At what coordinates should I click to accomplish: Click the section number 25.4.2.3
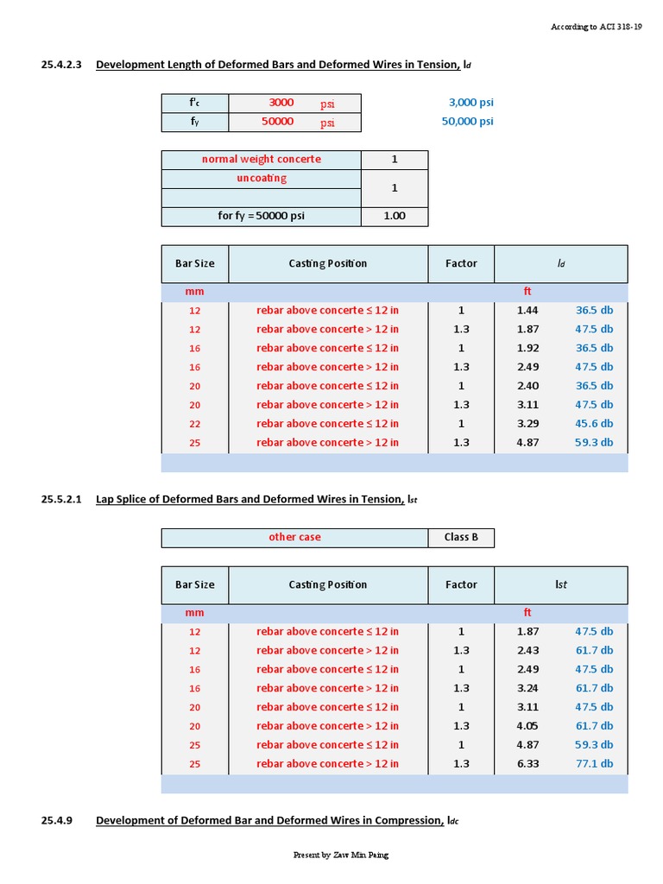(60, 64)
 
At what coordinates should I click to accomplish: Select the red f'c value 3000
(281, 103)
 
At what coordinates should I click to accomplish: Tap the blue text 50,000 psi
(467, 122)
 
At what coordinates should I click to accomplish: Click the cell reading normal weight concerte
(261, 160)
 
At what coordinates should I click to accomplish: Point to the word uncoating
(262, 179)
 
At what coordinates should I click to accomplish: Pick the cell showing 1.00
(394, 216)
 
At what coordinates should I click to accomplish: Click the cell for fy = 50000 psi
(261, 216)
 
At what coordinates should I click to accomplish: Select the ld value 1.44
(527, 310)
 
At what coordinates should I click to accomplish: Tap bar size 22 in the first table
(194, 424)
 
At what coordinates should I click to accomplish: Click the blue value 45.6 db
(594, 424)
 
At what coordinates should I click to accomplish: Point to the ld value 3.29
(527, 424)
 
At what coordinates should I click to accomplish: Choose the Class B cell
(461, 537)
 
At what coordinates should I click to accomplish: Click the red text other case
(294, 537)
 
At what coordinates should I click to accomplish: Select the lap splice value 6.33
(527, 764)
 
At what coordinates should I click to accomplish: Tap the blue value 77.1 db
(594, 764)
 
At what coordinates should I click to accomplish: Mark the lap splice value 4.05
(527, 726)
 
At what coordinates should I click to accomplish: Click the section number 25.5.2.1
(60, 499)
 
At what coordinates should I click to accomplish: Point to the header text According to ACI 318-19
(596, 28)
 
